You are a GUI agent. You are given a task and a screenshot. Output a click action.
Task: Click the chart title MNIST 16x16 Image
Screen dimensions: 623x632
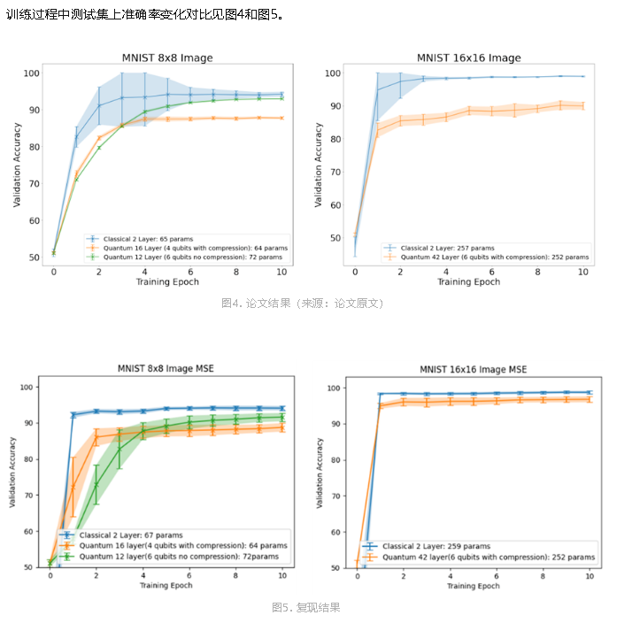[x=469, y=58]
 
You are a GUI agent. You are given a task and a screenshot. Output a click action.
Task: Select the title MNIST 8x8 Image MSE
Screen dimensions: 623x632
[x=166, y=368]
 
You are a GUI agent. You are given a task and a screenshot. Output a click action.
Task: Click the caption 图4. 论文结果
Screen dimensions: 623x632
[x=302, y=304]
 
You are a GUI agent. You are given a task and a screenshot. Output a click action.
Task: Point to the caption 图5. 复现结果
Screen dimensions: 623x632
[x=305, y=608]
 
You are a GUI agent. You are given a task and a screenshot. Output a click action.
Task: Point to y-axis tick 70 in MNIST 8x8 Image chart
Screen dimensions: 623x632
[x=32, y=184]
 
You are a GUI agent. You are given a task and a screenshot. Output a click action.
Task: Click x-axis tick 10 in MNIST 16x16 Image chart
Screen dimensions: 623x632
[x=583, y=273]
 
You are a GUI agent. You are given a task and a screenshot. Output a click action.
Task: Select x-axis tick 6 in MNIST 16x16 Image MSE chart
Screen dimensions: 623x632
[x=497, y=576]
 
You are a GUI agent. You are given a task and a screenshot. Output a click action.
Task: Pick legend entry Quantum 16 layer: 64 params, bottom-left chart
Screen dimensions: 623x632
[x=183, y=547]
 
